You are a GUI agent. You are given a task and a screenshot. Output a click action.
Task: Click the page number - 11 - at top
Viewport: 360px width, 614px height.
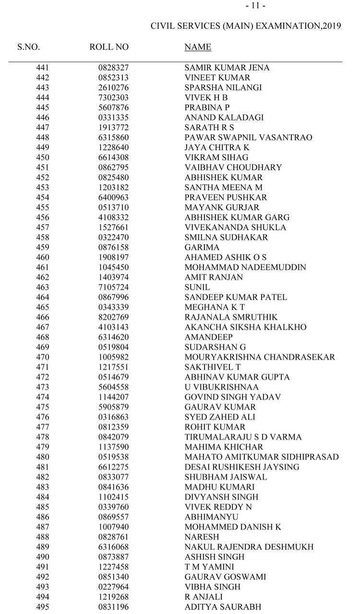(x=255, y=6)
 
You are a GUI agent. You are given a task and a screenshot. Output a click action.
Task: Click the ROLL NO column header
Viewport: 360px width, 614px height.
(x=109, y=47)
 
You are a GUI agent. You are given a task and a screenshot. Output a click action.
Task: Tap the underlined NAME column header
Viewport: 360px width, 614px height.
(x=198, y=47)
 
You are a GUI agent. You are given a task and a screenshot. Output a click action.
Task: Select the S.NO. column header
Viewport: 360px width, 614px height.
(x=28, y=47)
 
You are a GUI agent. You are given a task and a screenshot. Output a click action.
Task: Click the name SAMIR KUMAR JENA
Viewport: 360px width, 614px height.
(x=227, y=68)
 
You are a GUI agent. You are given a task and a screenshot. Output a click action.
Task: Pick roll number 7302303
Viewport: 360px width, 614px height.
(x=114, y=97)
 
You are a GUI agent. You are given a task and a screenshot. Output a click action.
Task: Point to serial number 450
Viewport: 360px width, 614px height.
(x=42, y=157)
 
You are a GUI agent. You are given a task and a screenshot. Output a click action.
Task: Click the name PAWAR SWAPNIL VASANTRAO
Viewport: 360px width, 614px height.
(x=248, y=138)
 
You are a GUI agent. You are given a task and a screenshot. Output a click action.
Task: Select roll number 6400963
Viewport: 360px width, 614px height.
(x=114, y=197)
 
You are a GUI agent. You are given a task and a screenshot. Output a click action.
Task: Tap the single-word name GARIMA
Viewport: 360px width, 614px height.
(x=202, y=248)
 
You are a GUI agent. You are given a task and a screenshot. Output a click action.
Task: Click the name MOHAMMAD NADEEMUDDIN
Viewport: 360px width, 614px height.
(x=245, y=267)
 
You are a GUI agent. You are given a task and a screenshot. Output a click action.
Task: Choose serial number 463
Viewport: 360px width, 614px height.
(x=42, y=287)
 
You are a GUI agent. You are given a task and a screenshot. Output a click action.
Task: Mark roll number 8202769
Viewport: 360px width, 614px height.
(x=114, y=318)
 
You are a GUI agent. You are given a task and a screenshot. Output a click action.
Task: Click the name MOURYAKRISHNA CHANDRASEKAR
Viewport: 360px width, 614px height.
(x=260, y=357)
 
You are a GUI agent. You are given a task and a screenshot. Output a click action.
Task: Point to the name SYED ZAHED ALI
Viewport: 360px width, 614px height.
(x=220, y=417)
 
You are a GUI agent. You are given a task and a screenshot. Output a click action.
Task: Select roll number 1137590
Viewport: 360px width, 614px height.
(x=114, y=447)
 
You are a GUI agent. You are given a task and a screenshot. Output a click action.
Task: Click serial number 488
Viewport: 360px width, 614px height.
(x=42, y=537)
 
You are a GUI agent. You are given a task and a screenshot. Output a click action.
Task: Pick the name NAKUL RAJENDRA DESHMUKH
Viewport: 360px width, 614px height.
(x=249, y=547)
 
